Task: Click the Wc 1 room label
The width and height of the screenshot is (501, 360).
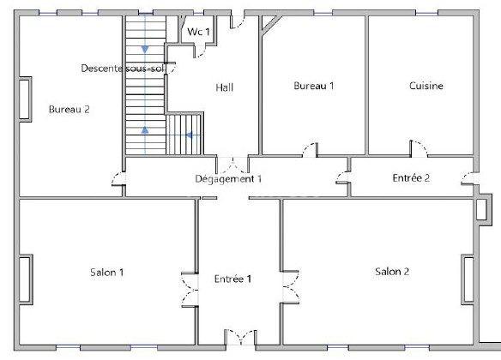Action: point(198,32)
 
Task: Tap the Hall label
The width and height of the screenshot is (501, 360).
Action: point(224,87)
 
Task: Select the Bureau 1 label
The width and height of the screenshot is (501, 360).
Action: point(313,86)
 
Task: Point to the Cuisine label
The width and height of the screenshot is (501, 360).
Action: point(426,86)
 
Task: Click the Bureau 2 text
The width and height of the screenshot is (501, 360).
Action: point(69,110)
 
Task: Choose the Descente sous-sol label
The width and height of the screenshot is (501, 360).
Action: point(123,69)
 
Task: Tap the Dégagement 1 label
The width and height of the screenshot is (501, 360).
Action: point(228,179)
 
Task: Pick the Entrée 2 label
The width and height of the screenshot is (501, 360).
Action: point(411,177)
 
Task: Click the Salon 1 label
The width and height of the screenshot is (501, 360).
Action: point(106,273)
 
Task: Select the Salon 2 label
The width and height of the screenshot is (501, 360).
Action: point(392,272)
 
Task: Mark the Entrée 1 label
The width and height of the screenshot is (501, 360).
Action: point(232,279)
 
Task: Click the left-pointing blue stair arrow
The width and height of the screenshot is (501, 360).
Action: point(189,135)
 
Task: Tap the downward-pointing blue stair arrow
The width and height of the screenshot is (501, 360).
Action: point(145,50)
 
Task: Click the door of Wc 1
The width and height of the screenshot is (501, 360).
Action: point(199,51)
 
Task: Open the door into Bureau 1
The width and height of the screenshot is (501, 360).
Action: point(310,150)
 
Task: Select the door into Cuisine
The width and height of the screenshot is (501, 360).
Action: point(419,149)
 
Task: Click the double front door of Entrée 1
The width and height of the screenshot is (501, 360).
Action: point(240,338)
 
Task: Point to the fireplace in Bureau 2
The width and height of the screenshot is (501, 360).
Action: point(25,99)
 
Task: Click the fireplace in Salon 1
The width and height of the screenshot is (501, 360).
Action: point(26,279)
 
